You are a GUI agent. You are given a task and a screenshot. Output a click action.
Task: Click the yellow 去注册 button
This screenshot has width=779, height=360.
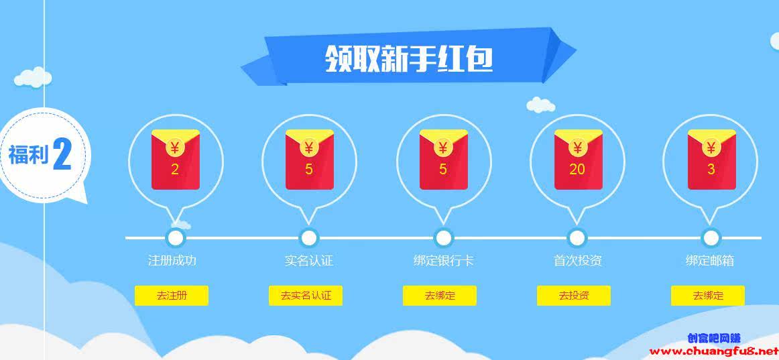tap(172, 296)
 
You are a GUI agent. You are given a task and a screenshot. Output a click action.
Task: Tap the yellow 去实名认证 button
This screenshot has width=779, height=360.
tap(306, 296)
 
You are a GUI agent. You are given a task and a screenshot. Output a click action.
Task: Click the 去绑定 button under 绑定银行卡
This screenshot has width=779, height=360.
tap(440, 296)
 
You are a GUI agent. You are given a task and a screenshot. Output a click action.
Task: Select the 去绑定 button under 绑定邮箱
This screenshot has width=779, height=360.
tap(708, 296)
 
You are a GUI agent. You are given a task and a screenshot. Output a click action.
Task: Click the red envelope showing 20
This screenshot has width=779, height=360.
tap(577, 160)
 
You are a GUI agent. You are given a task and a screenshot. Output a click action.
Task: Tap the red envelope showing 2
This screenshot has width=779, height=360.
tap(175, 160)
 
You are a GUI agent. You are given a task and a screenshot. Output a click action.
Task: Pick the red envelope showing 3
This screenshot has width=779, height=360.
tap(711, 160)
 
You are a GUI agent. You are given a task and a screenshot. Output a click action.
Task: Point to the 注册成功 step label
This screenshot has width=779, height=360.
tap(172, 261)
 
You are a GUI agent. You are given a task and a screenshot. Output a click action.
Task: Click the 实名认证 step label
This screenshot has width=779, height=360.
tap(308, 261)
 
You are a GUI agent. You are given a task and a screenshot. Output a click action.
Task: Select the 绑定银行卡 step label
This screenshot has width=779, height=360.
tap(443, 261)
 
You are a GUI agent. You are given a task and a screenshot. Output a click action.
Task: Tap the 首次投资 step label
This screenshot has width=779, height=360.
tap(577, 261)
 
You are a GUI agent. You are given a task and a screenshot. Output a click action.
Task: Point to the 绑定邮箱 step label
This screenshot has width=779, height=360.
tap(709, 261)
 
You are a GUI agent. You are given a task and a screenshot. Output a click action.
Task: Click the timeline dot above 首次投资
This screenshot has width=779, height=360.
tap(577, 237)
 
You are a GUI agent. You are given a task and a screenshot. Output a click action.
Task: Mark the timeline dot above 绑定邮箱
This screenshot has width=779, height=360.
tap(711, 237)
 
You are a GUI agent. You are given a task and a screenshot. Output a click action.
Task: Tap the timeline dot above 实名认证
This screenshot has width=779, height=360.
tap(309, 237)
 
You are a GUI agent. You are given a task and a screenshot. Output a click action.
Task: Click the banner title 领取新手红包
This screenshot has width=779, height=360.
tap(409, 58)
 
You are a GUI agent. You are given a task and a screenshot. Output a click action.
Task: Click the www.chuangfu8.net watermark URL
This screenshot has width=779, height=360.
tap(714, 351)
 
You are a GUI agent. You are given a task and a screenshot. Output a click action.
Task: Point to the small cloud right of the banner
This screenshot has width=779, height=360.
tap(540, 105)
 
